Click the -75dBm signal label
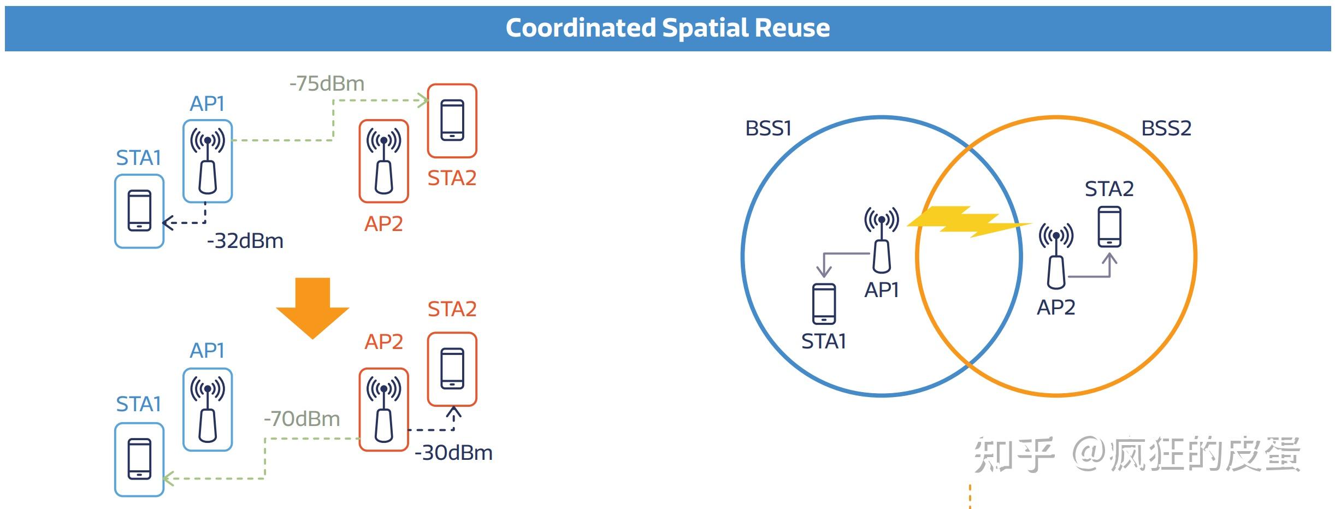tap(327, 84)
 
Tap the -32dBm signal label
tap(245, 241)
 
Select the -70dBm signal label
tap(302, 419)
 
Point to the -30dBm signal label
tap(453, 453)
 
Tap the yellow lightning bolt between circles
tap(968, 222)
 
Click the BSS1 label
tap(768, 128)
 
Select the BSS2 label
tap(1166, 128)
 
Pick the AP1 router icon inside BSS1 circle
tap(881, 240)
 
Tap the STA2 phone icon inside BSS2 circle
tap(1109, 226)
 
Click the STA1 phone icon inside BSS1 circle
tap(824, 304)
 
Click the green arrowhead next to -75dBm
tap(423, 100)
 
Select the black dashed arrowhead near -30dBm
tap(453, 412)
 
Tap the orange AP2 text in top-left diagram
tap(383, 224)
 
